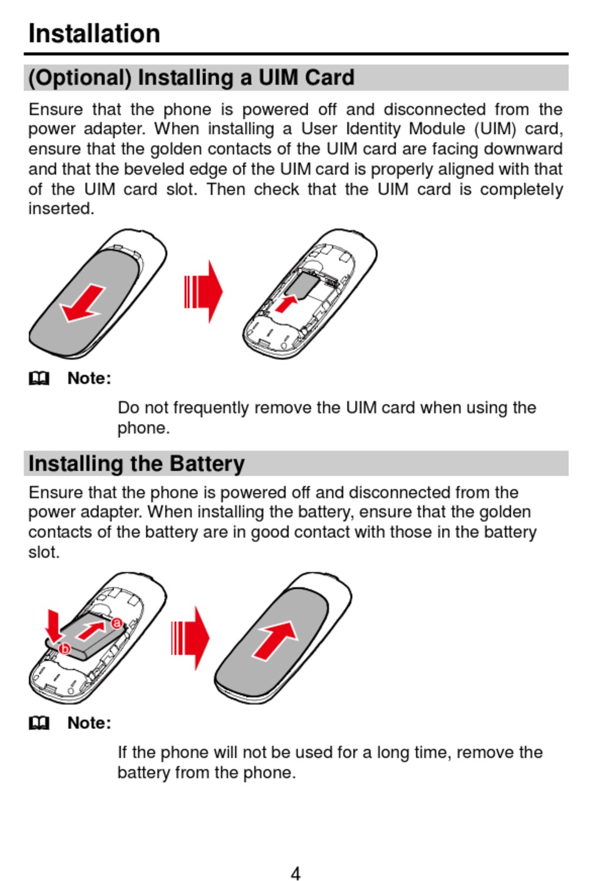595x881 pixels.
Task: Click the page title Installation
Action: [x=94, y=33]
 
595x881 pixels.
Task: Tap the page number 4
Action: [x=296, y=872]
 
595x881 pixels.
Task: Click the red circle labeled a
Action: [x=116, y=623]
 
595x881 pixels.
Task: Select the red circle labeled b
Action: [x=65, y=649]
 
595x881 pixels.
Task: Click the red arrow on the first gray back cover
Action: [x=83, y=302]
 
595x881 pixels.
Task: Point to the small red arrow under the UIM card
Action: [x=286, y=304]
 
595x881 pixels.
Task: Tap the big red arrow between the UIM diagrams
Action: [x=204, y=292]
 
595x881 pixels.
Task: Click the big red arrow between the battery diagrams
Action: [x=191, y=638]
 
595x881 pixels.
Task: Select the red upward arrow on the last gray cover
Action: [x=276, y=639]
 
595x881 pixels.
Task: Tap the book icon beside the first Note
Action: [x=39, y=378]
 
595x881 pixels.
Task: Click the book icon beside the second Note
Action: [x=39, y=723]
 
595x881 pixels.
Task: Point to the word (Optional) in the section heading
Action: [x=80, y=78]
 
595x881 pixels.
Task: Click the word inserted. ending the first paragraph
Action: [x=61, y=209]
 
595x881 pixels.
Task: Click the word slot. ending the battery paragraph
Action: [x=44, y=552]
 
